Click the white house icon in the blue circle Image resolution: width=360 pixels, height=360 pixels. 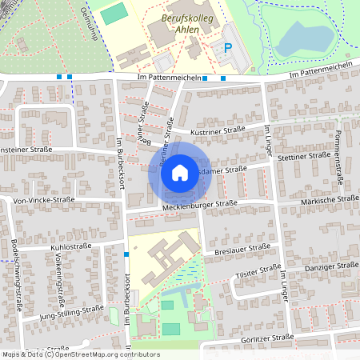(180, 172)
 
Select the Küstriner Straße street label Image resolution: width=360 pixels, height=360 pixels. (218, 130)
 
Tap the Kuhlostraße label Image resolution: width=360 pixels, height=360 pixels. (72, 248)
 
